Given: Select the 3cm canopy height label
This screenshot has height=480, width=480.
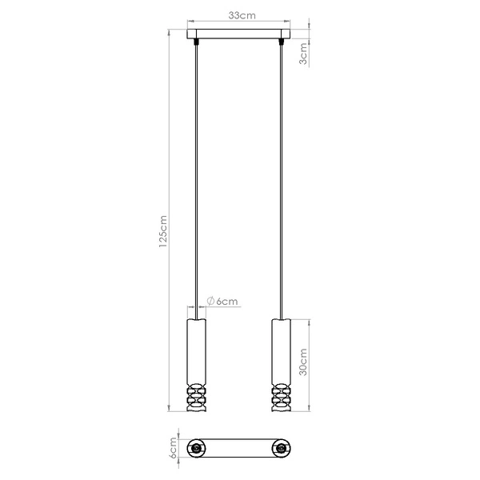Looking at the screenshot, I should click(x=302, y=55).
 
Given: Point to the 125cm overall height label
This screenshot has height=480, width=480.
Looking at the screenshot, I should click(x=163, y=233).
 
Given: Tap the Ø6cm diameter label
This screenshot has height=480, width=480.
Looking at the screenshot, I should click(x=222, y=301).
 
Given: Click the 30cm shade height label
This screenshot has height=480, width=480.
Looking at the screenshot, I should click(x=302, y=363).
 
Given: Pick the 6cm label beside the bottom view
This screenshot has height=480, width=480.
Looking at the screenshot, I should click(x=171, y=449).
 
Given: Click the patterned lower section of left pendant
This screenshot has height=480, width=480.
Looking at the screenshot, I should click(x=195, y=397).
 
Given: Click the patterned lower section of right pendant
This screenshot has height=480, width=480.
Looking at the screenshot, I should click(x=281, y=397).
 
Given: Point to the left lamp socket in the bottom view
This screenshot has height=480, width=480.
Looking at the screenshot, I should click(x=196, y=450).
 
